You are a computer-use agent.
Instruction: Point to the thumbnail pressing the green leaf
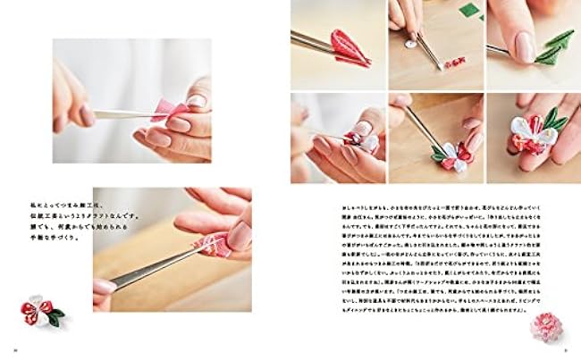coord(525,46)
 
